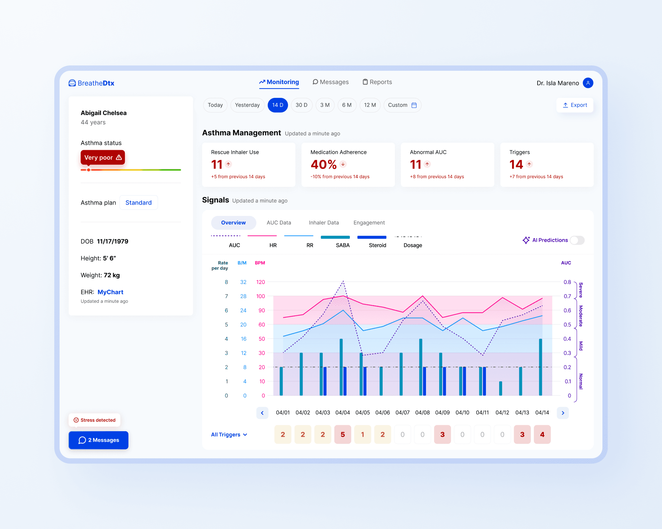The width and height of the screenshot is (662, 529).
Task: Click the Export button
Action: (x=575, y=105)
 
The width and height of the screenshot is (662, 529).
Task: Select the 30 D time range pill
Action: (x=302, y=105)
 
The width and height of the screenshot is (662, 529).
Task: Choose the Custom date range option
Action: (x=402, y=105)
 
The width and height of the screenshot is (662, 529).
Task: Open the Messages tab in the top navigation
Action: (x=331, y=82)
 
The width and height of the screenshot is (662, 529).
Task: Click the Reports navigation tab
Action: (x=377, y=82)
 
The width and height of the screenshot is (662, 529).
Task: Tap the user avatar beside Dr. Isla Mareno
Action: (x=588, y=83)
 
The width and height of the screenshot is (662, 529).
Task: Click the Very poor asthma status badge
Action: (x=103, y=157)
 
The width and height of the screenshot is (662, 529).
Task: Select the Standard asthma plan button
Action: (x=138, y=203)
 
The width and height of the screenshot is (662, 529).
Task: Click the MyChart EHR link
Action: (x=110, y=292)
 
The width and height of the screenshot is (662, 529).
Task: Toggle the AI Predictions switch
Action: (x=577, y=240)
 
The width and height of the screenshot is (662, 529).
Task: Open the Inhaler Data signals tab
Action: (x=324, y=223)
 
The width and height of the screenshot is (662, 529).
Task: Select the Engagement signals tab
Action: (x=369, y=223)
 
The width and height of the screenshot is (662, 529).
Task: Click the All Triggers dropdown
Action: (x=229, y=435)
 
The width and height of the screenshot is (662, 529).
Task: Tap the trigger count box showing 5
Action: (x=343, y=434)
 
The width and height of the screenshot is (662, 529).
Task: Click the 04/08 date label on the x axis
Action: (x=422, y=413)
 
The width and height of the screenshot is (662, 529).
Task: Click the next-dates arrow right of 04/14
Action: (x=563, y=413)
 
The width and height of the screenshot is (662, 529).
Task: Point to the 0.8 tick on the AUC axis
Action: (x=567, y=282)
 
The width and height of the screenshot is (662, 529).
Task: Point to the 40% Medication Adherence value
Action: (x=324, y=164)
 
